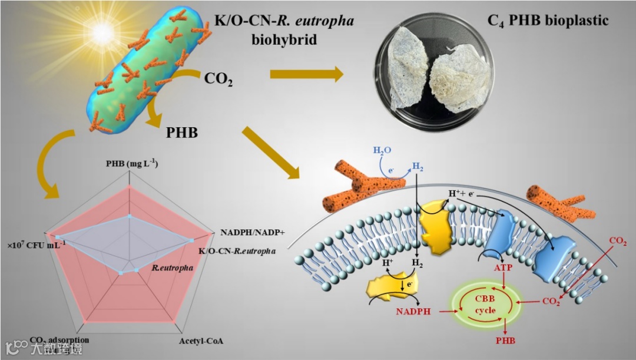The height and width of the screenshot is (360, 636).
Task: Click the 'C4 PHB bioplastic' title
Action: (548, 22)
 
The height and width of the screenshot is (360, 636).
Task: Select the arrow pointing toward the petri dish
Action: (306, 75)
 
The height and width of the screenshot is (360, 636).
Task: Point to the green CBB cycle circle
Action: (486, 304)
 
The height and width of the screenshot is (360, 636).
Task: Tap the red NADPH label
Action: (412, 310)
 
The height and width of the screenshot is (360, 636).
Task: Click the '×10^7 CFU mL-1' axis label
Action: (37, 243)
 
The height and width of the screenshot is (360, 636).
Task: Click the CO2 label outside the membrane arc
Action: (618, 240)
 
